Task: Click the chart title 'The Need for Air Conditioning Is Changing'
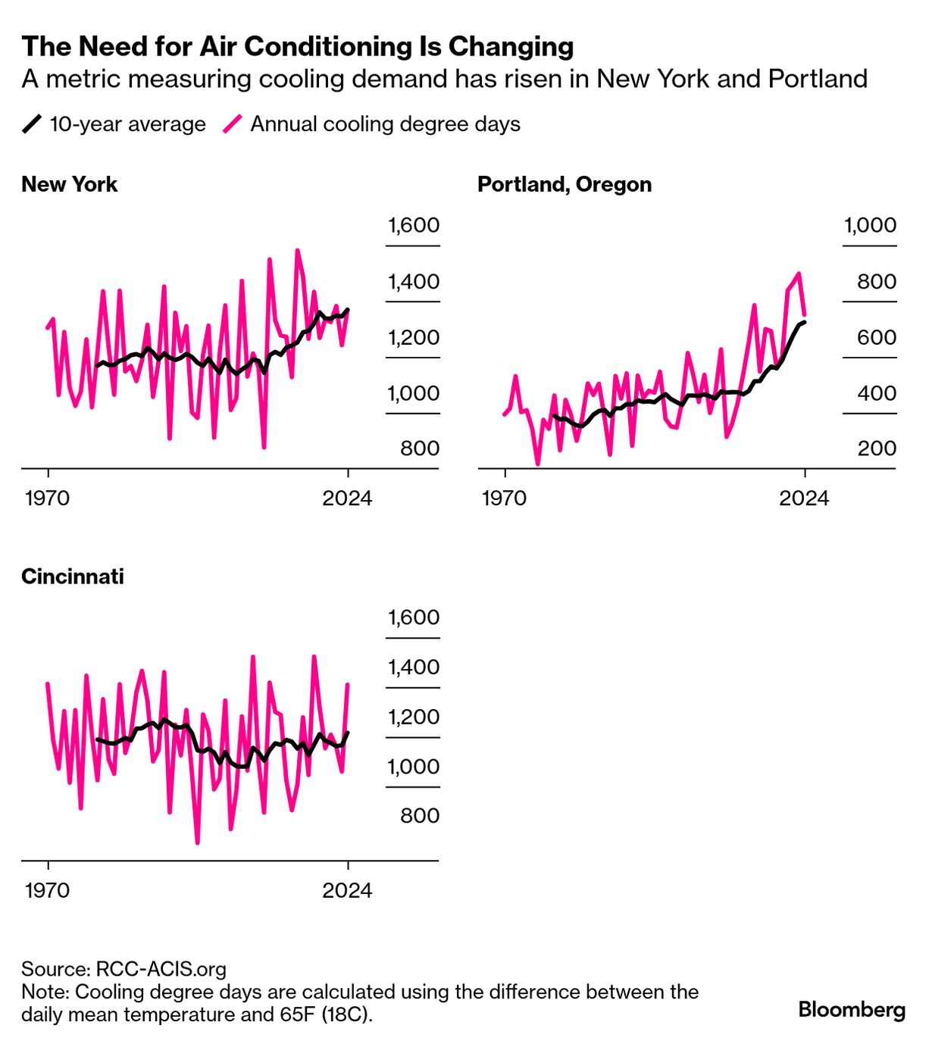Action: tap(297, 47)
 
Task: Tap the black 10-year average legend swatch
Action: tap(32, 123)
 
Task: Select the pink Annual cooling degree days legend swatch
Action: tap(233, 123)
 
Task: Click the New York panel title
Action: tap(70, 185)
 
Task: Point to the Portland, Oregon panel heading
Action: tap(564, 185)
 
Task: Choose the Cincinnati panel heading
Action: tap(73, 577)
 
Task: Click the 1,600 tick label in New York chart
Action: tap(414, 226)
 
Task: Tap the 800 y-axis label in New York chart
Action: tap(420, 449)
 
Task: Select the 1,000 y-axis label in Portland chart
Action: tap(870, 226)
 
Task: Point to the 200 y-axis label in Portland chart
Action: tap(877, 449)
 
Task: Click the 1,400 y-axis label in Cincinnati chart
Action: tap(414, 667)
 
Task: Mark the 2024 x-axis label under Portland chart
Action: tap(804, 498)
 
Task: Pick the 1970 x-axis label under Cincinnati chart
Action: tap(47, 890)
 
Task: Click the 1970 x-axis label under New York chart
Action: tap(47, 498)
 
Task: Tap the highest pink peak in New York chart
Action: tap(297, 250)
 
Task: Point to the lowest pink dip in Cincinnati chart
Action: tap(197, 842)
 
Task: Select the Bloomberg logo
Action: tap(852, 1010)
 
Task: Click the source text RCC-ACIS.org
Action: tap(161, 969)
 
